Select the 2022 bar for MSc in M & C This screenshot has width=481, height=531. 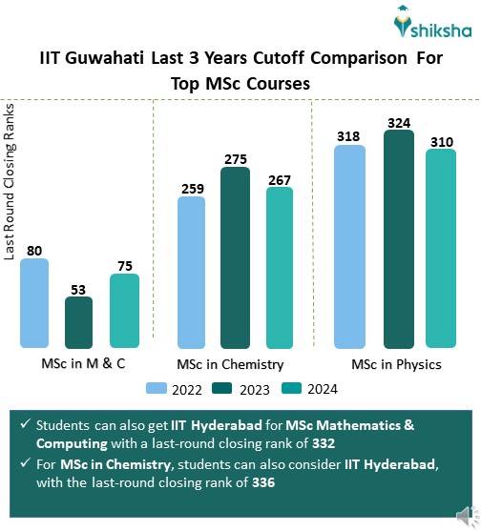click(x=34, y=303)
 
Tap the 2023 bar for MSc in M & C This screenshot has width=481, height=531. click(x=78, y=322)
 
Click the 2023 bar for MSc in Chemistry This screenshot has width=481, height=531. click(x=235, y=257)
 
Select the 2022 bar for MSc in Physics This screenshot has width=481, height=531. click(x=349, y=246)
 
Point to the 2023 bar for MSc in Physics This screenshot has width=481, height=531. click(x=398, y=239)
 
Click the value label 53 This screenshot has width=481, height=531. click(x=78, y=289)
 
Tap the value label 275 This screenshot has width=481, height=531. click(x=235, y=159)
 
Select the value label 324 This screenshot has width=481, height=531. click(x=398, y=123)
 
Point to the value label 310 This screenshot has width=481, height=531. click(x=441, y=141)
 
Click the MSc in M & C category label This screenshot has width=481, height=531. click(x=83, y=364)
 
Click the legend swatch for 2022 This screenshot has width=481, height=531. click(x=157, y=388)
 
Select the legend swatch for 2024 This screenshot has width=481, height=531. click(x=293, y=388)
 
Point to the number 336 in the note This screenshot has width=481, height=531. click(x=263, y=482)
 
